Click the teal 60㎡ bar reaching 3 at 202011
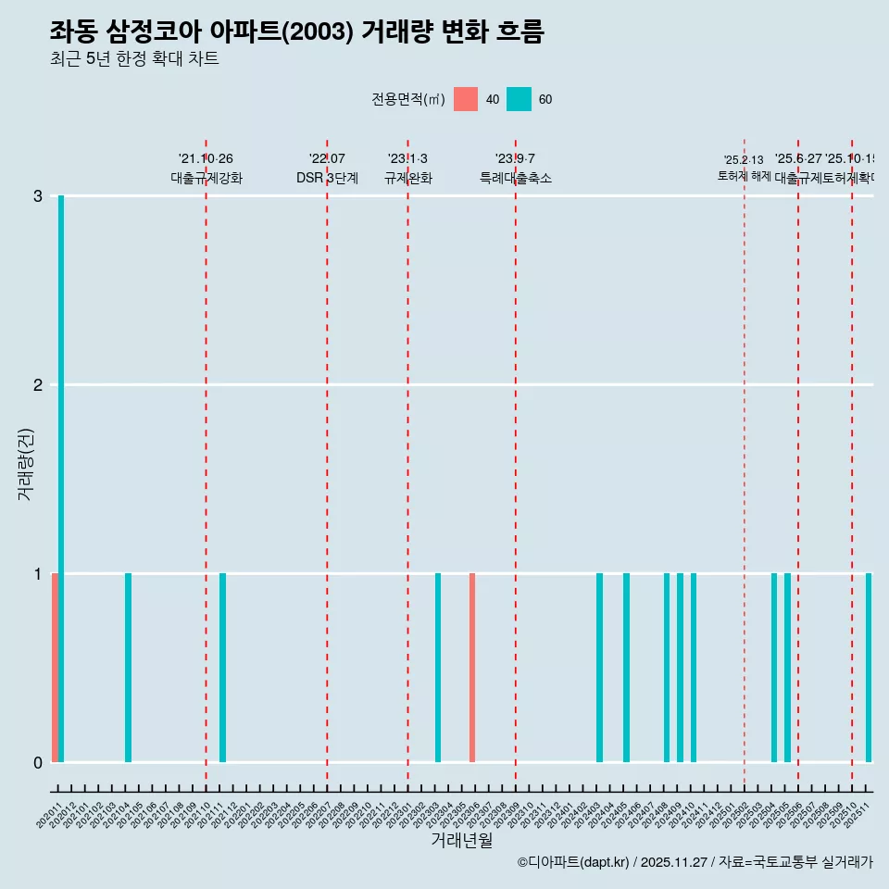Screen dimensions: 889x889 [x=61, y=479]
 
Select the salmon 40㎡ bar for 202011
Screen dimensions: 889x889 [x=55, y=668]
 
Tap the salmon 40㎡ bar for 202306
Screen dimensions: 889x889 [x=472, y=668]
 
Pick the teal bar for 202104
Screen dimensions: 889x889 [x=129, y=668]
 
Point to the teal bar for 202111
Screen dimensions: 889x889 [x=223, y=668]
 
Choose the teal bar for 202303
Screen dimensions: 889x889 [x=438, y=668]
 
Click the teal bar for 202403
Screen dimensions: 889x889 [x=600, y=668]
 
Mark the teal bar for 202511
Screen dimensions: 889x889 [x=869, y=668]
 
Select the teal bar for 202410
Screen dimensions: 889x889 [x=694, y=668]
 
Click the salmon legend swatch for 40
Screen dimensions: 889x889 [x=466, y=99]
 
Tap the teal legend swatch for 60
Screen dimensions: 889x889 [x=520, y=99]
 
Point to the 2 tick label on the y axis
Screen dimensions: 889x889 [x=38, y=385]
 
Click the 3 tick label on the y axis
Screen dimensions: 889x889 [x=38, y=196]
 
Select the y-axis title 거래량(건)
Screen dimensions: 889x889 [x=26, y=464]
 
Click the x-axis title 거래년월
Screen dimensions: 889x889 [x=461, y=840]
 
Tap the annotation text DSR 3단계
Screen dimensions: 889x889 [x=327, y=178]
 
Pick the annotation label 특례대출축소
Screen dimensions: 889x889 [x=515, y=178]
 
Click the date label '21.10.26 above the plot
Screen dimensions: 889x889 [x=206, y=159]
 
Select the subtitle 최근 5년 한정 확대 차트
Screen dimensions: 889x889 [x=134, y=59]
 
